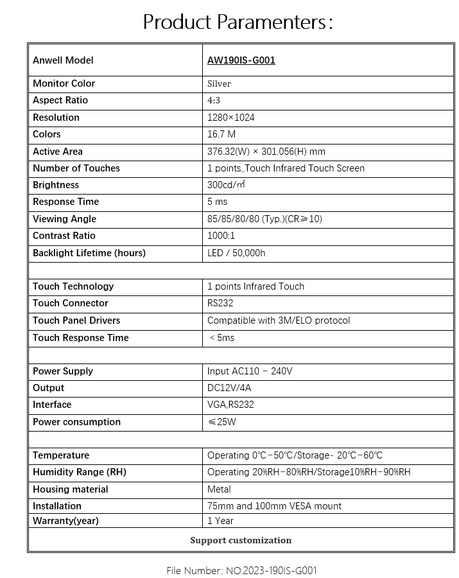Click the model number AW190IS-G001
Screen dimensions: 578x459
tap(241, 60)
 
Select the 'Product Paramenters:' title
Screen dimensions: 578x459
tap(238, 22)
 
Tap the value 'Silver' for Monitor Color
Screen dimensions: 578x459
tap(219, 83)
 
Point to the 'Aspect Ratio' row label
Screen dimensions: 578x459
tap(60, 100)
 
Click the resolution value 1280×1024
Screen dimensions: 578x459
tap(230, 118)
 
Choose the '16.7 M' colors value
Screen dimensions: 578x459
tap(221, 134)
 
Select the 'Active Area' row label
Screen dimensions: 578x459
tap(58, 152)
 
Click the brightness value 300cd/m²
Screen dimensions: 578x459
tap(226, 185)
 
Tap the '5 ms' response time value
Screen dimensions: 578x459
tap(217, 202)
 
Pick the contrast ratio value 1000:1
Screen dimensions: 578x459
tap(221, 236)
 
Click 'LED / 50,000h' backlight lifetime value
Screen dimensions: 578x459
tap(236, 253)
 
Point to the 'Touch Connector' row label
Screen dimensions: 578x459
tap(71, 303)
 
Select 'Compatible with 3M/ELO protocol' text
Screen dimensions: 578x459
tap(279, 320)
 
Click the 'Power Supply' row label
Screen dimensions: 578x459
tap(63, 371)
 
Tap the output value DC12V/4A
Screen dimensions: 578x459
tap(229, 388)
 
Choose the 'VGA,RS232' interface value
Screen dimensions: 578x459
tap(230, 405)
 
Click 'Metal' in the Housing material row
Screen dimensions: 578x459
tap(220, 489)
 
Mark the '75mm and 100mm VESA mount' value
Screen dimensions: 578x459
tap(274, 506)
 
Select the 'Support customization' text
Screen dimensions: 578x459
tap(241, 540)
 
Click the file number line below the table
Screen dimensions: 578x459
tap(241, 570)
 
